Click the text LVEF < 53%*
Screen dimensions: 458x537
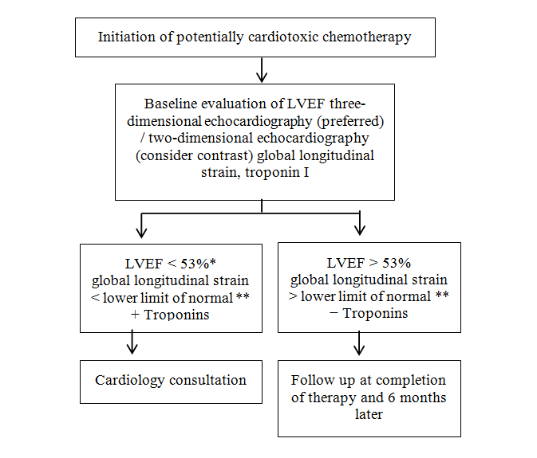pyautogui.click(x=171, y=264)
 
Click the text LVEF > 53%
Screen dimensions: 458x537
pyautogui.click(x=369, y=264)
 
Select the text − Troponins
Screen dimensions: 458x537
pyautogui.click(x=369, y=313)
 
